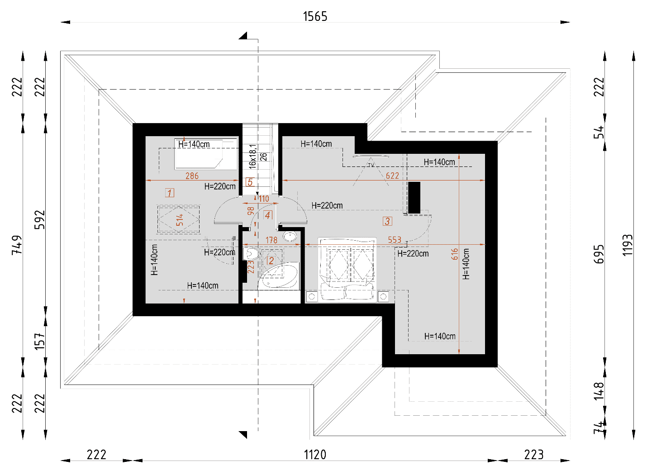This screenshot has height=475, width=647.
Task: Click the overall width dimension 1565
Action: coord(315,16)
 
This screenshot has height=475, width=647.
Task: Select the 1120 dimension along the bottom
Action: coord(315,455)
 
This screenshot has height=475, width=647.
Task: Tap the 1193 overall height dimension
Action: coord(628,245)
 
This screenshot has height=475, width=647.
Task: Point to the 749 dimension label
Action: coord(17,245)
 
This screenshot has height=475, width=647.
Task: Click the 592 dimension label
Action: coord(39,220)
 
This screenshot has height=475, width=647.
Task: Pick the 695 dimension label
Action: coord(599,254)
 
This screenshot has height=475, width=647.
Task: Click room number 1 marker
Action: coord(170,193)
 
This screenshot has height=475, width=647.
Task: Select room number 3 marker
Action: coord(387,221)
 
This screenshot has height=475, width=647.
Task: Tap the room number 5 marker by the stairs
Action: coord(250,182)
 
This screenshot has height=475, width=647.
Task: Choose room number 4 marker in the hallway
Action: coord(268,215)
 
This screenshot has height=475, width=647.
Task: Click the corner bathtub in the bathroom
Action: coord(278,276)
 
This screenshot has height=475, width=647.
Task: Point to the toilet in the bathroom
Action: coord(251,254)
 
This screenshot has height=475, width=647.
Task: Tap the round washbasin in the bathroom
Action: coord(290,237)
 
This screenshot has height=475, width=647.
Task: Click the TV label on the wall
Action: coord(371,165)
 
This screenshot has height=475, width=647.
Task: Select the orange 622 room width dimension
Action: coord(393,176)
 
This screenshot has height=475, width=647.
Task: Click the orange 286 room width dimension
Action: coord(192,176)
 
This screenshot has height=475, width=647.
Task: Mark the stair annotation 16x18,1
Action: coord(252,157)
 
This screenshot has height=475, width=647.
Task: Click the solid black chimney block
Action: coord(414,198)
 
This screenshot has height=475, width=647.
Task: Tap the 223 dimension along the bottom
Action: coord(534,455)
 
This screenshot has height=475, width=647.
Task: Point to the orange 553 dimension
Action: coord(395,240)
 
